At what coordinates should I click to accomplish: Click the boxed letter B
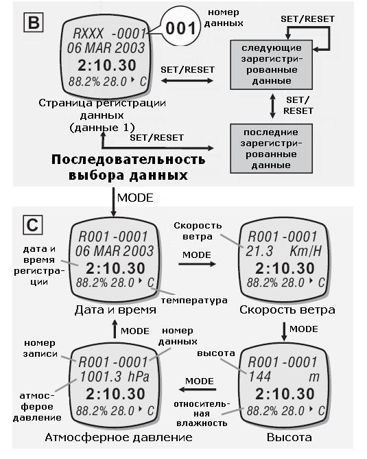tap(34, 22)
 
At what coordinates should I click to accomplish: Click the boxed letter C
tap(33, 225)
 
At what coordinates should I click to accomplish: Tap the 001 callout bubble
tap(180, 28)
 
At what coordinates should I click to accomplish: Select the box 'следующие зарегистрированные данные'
tap(271, 64)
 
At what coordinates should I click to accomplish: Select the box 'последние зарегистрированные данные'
tap(271, 148)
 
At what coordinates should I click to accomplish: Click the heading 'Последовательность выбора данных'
tap(128, 167)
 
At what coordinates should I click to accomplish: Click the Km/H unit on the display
tap(305, 251)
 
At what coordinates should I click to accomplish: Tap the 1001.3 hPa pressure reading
tap(115, 377)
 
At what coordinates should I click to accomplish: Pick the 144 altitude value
tap(259, 377)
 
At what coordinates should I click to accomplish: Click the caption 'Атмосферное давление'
tap(119, 437)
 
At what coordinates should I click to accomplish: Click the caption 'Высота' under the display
tap(289, 437)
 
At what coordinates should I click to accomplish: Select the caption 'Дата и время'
tap(115, 309)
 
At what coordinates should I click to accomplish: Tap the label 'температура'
tap(194, 301)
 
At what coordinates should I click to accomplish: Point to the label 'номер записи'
tap(40, 348)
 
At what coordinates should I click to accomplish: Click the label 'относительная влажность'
tap(202, 414)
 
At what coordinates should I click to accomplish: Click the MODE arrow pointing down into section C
tap(113, 202)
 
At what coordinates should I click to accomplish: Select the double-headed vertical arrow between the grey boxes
tap(272, 106)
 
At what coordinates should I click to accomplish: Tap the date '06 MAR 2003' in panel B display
tap(106, 48)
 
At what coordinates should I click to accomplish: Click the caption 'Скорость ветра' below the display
tap(287, 309)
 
